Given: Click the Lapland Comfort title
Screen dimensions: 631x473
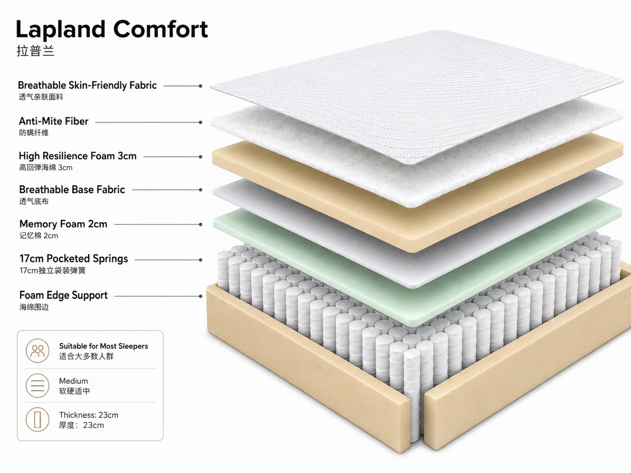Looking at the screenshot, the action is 112,30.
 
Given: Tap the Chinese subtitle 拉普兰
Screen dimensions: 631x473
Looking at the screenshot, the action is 35,51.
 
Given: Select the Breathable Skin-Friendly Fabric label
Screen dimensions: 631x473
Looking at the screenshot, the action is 87,85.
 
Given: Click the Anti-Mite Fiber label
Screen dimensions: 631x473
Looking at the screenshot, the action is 54,121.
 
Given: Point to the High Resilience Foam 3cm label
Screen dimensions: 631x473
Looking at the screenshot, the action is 78,155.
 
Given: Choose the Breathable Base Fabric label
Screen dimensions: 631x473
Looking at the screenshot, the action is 72,189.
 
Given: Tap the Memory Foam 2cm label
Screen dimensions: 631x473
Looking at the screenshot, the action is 63,224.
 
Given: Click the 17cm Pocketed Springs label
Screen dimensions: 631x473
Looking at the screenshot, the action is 74,259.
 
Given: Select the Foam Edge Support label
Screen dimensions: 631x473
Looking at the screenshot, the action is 64,295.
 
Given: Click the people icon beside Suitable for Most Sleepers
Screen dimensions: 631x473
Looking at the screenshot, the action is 37,351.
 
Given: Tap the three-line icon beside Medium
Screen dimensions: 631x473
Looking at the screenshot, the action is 37,385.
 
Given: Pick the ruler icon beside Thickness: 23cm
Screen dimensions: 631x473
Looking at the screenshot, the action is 37,419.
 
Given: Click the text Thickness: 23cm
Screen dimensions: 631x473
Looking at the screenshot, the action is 88,415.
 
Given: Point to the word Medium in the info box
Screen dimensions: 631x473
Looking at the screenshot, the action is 73,381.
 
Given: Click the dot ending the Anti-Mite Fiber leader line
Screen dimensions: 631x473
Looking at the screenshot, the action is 200,122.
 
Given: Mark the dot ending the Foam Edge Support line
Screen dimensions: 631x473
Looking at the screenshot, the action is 200,296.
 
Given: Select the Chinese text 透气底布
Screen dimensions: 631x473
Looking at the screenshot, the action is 34,202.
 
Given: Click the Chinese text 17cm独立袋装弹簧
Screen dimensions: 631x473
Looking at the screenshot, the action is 52,270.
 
